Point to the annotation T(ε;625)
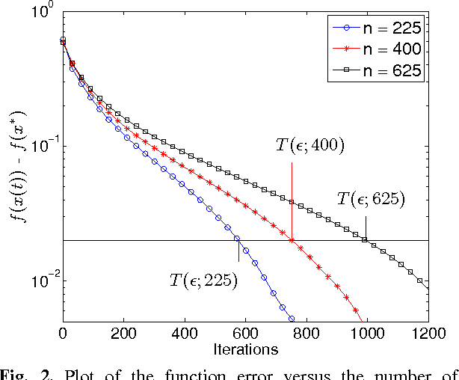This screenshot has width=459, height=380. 371,199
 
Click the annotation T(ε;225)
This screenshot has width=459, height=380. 203,281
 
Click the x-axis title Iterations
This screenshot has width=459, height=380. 245,349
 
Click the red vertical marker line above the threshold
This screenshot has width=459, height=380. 292,198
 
